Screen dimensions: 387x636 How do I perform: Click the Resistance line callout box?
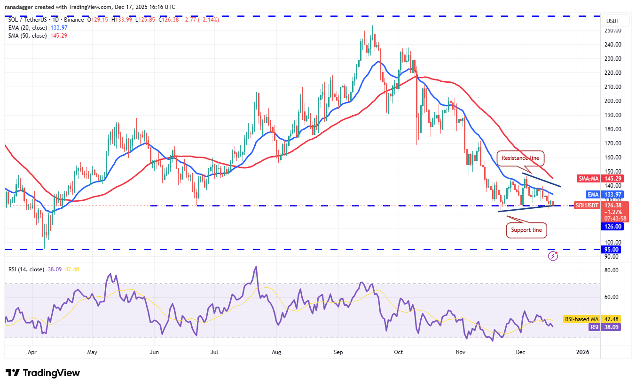coord(520,158)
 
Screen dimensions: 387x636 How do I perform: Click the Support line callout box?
coord(526,230)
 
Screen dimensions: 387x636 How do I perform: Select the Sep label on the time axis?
coord(339,352)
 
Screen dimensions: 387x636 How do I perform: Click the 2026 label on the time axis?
coord(583,352)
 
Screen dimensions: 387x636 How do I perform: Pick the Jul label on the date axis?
coord(214,352)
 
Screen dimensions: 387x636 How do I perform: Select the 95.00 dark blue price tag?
coord(611,250)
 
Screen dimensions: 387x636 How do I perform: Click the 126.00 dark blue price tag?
coord(611,226)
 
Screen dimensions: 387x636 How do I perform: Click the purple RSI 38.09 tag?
coord(605,327)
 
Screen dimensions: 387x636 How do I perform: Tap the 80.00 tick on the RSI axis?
coord(611,270)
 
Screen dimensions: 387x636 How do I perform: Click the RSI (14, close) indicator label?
coord(26,269)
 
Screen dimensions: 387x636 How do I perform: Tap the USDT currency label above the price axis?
coord(612,21)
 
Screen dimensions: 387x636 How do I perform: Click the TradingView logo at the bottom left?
coord(43,373)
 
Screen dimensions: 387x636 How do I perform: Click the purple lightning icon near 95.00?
coord(553,256)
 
